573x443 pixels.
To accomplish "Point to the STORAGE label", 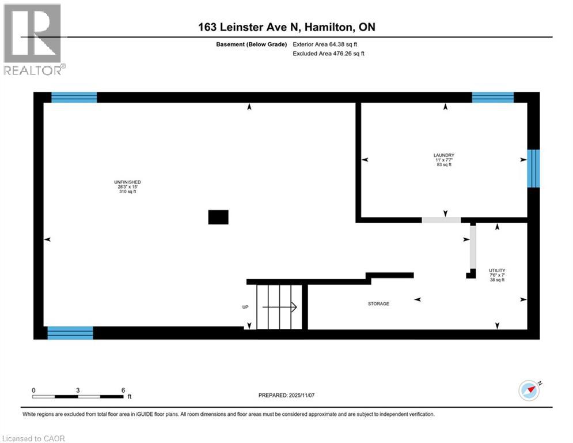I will click(x=378, y=303).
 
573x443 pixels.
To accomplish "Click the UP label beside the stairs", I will click(x=245, y=307).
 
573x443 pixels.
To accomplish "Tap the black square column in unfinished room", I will click(x=218, y=217).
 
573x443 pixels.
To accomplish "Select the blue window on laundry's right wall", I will click(x=534, y=168).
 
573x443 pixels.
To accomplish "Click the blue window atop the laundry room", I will click(x=492, y=97).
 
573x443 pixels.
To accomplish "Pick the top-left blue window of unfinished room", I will click(x=74, y=97).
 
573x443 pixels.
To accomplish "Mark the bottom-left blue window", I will click(x=70, y=333).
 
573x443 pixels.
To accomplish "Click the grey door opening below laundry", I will click(x=441, y=220).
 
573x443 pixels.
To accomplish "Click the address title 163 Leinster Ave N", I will click(x=286, y=27).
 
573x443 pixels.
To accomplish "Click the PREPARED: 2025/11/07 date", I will click(x=286, y=395).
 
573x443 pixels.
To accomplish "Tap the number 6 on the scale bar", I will click(x=123, y=391).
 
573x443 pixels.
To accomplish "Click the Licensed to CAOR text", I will click(x=34, y=438).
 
